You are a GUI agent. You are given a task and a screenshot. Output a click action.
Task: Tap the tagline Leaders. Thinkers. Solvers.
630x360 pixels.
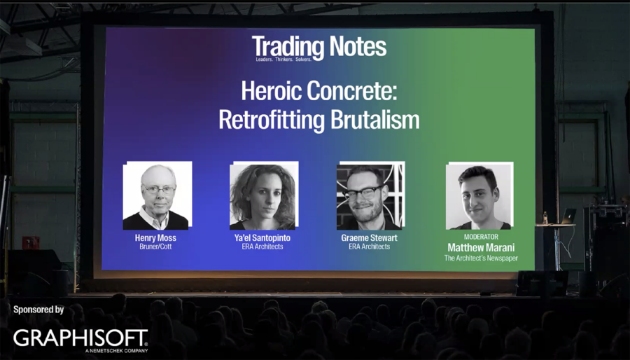283,60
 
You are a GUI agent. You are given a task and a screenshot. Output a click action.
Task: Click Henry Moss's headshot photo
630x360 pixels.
156,197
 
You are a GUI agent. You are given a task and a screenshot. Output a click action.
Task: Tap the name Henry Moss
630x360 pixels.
155,238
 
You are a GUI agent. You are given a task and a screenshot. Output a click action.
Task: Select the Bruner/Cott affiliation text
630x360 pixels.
155,247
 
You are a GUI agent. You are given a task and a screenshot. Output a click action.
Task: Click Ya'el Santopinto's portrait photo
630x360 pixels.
262,197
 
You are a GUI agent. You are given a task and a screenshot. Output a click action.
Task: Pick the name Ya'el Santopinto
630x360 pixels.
262,238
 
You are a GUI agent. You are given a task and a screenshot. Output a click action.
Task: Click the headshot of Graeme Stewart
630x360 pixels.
369,197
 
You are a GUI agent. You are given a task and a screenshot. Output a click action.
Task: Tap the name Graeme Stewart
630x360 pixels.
369,238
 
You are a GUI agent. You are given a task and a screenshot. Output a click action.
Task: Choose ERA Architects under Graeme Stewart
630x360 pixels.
369,247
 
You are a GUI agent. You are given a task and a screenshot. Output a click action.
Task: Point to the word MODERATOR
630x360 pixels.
481,237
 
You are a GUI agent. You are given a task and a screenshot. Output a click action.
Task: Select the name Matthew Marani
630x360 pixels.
481,248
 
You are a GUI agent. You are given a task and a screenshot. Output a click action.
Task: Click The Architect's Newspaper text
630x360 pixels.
481,258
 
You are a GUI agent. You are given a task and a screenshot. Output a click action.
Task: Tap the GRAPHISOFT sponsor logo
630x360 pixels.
80,338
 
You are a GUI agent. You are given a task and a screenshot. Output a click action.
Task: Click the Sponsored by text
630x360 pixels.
38,309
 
